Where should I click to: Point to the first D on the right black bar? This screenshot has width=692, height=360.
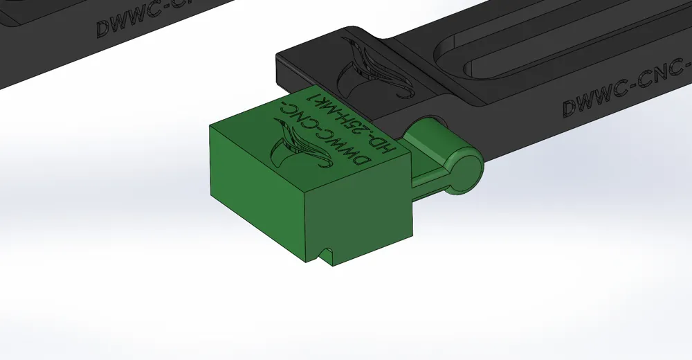click(570, 109)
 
